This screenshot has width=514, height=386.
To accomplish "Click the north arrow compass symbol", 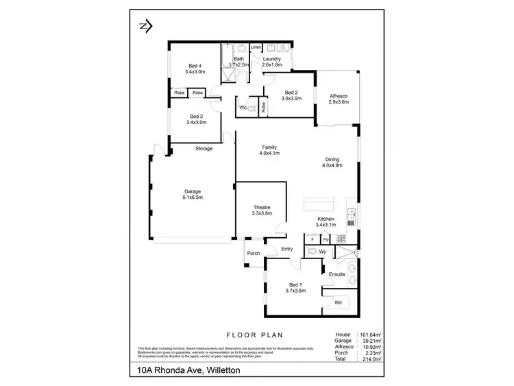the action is point(145,26).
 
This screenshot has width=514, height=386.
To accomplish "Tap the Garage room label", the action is point(193,191).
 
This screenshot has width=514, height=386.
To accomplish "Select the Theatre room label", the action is point(261,207).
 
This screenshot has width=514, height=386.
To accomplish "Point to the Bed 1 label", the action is point(295,284).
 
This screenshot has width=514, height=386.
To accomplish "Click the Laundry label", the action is point(272,60).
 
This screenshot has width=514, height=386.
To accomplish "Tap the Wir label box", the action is point(338,302).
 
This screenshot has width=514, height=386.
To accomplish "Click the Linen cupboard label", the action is point(256,47).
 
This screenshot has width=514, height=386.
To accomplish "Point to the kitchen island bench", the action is point(320,204).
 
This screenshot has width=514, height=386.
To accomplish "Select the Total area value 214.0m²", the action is point(371,359).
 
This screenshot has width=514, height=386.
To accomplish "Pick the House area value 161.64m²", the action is point(369,335).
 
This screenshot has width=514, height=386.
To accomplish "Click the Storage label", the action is point(204,149).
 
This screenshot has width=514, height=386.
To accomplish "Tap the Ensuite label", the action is point(336,274).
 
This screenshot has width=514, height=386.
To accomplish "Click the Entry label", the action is point(287,249).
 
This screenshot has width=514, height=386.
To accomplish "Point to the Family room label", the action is point(269,147).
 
